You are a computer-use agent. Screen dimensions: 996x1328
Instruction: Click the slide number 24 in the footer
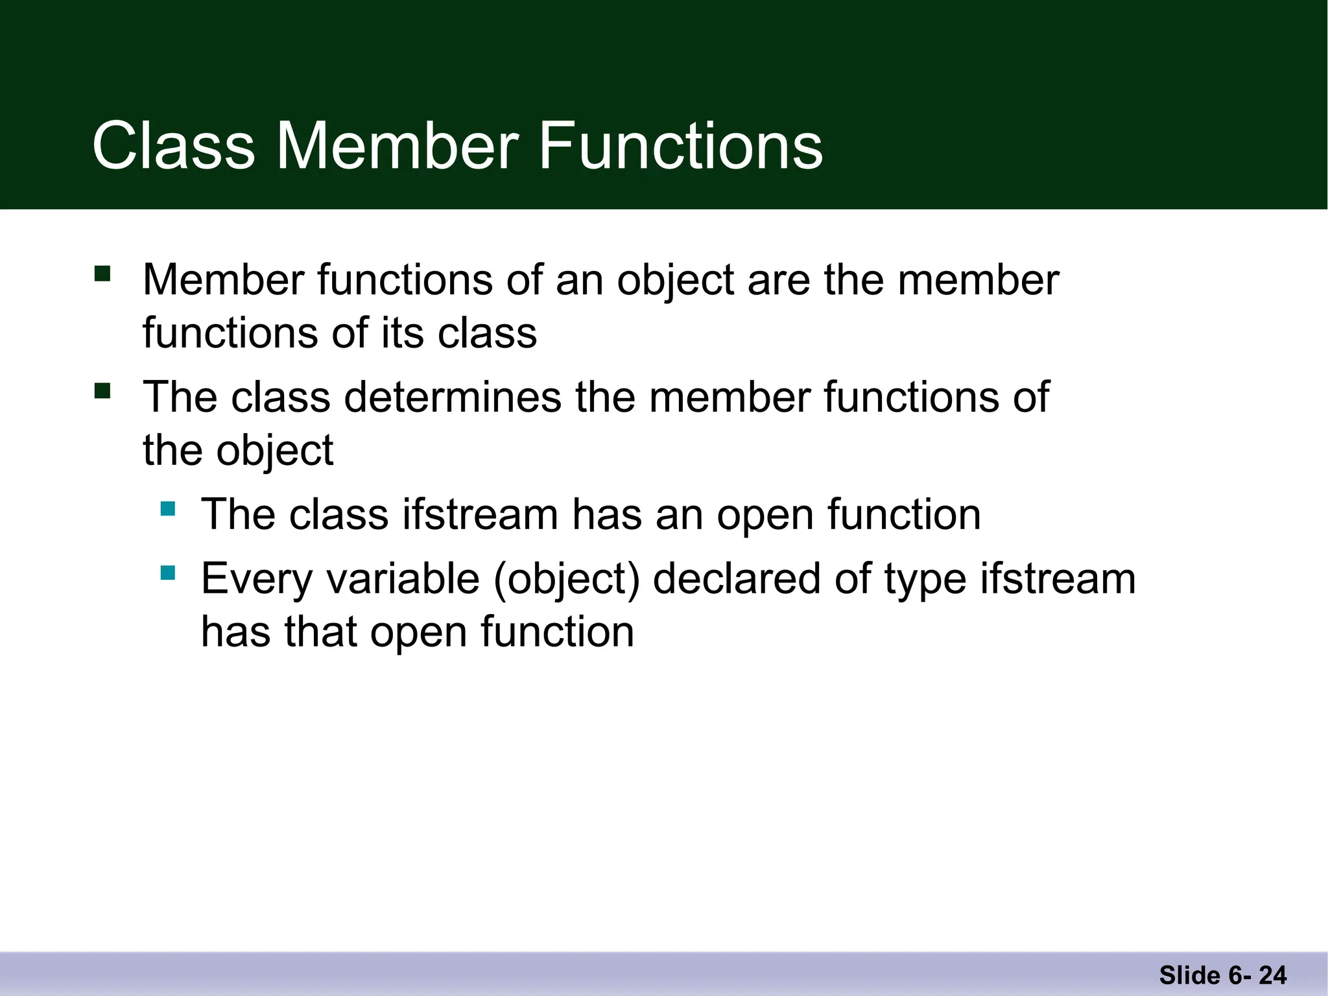point(1272,975)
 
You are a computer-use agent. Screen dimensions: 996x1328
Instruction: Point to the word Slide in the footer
point(1189,975)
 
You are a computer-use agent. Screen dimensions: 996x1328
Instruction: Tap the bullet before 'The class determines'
point(102,391)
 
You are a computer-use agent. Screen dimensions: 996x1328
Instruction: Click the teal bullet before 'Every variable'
point(168,573)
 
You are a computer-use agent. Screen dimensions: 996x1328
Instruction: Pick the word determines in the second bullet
point(453,397)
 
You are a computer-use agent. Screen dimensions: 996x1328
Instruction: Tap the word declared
point(736,578)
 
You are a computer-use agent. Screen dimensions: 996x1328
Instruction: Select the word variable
point(403,578)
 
